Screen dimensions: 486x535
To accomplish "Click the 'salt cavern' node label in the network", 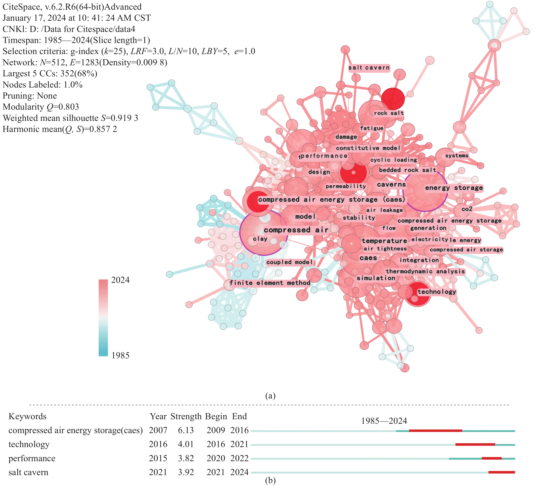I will (369, 68).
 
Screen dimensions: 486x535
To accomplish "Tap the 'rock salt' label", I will (389, 113).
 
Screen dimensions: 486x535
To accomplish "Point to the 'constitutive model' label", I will (368, 148).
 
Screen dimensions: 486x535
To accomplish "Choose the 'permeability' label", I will (346, 186).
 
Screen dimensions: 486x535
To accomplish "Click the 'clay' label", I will (260, 239).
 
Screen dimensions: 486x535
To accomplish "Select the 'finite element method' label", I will (270, 283).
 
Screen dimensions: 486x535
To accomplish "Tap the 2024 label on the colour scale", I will (120, 280).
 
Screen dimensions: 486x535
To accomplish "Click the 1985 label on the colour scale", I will (120, 355).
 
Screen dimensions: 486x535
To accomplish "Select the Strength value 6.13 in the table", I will (186, 430).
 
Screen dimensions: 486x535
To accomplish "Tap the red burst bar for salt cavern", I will (502, 472).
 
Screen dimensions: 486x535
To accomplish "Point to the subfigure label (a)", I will (270, 396).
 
